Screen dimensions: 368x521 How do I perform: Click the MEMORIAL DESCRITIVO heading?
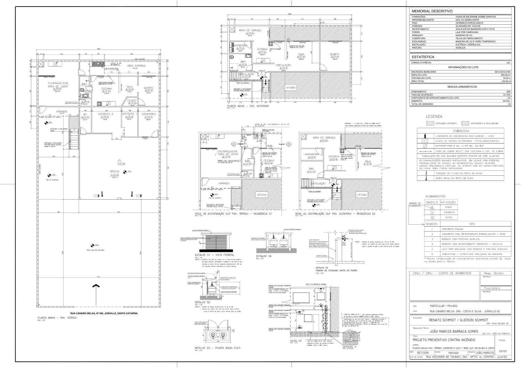[x=432, y=11]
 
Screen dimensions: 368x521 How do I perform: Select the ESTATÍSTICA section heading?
[x=423, y=57]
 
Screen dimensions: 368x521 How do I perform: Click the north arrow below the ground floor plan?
[x=96, y=286]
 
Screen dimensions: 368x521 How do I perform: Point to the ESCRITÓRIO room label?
[x=149, y=114]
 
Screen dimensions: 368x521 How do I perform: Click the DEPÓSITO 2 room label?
[x=106, y=114]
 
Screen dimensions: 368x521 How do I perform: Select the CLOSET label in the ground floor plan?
[x=132, y=100]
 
